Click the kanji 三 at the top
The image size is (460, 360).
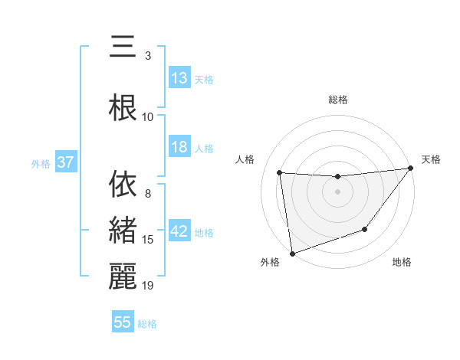coord(123,47)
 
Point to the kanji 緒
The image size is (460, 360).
coord(123,231)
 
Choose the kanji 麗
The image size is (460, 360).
coord(123,277)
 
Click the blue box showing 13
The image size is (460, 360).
coord(179,78)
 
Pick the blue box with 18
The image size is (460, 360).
coord(179,147)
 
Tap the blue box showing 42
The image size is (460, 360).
coord(179,232)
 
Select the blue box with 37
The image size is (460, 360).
coord(65,162)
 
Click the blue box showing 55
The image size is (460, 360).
coord(123,322)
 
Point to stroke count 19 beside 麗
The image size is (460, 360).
coord(149,286)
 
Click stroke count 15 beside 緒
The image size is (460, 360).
coord(149,240)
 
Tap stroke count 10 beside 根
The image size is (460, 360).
coord(149,117)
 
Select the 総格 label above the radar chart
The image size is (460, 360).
coord(337,100)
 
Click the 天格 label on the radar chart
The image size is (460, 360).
coord(431,159)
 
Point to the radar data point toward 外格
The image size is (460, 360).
coord(292,253)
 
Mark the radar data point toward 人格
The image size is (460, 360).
coord(280,173)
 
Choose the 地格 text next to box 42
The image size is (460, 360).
coord(204,233)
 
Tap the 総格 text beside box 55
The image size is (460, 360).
coord(147,323)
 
